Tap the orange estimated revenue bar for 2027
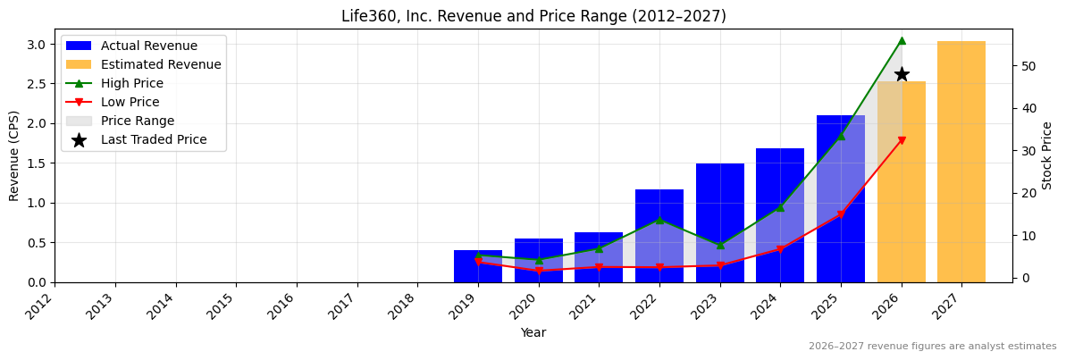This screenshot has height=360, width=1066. point(961,162)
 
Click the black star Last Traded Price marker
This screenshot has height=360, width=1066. point(902,74)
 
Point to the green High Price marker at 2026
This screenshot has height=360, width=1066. point(902,40)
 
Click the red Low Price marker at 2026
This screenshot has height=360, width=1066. point(902,140)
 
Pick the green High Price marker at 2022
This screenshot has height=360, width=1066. point(659,220)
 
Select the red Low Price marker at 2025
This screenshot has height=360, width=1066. point(841,214)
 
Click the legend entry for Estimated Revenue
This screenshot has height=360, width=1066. point(161,64)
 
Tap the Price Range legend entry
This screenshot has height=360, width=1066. point(138,121)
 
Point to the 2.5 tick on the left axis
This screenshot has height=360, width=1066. point(37,84)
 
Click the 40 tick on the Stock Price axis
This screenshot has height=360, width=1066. point(1025,108)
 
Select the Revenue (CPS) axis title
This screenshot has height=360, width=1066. point(14,155)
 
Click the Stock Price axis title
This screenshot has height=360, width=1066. point(1047,155)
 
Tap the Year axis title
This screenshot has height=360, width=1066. point(533,333)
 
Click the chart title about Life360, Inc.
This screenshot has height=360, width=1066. point(533,16)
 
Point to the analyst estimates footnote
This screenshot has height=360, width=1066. point(932,347)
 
